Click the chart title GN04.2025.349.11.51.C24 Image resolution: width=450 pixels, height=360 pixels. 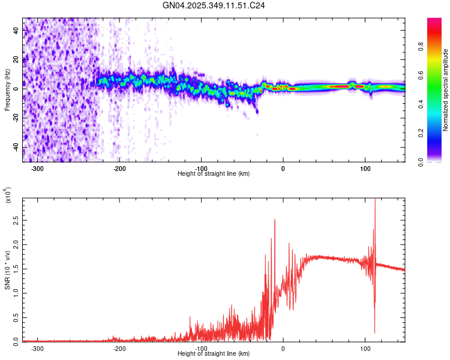pyautogui.click(x=214, y=5)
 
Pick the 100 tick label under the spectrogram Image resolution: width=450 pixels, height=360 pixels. pyautogui.click(x=365, y=168)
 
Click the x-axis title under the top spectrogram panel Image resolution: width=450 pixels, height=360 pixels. pyautogui.click(x=214, y=174)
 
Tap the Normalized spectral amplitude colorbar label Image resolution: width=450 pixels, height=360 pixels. pyautogui.click(x=446, y=90)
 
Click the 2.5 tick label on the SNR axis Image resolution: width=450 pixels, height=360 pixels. pyautogui.click(x=16, y=221)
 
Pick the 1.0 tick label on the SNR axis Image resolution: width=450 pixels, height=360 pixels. pyautogui.click(x=16, y=293)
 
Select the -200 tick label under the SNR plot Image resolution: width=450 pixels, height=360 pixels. pyautogui.click(x=119, y=348)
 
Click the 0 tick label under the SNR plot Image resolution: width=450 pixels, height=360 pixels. pyautogui.click(x=283, y=348)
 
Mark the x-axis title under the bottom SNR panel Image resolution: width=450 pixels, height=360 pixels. pyautogui.click(x=214, y=354)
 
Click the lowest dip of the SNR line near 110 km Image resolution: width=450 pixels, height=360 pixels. pyautogui.click(x=374, y=333)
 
